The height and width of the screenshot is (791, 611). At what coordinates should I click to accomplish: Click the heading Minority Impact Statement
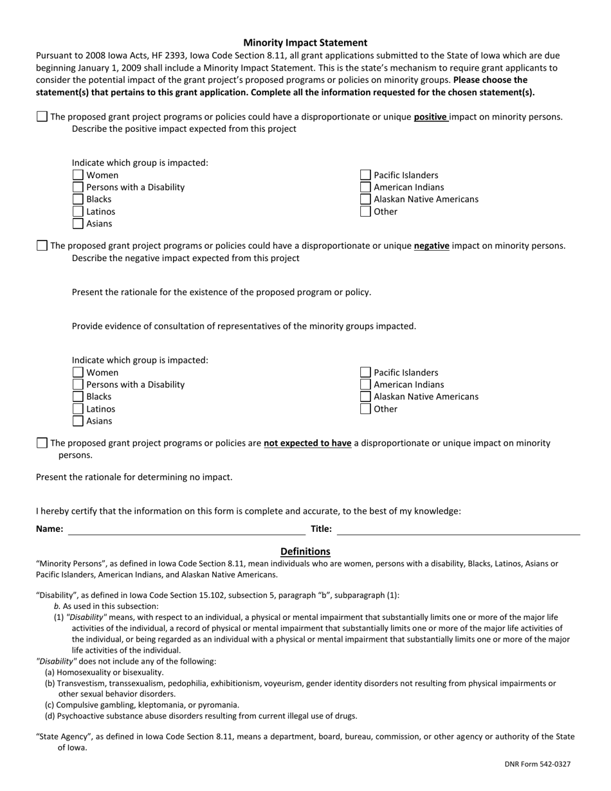tap(305, 42)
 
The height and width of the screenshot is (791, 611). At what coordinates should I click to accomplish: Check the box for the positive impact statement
tap(42, 116)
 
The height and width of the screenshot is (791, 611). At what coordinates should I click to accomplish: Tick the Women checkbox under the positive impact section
tap(78, 175)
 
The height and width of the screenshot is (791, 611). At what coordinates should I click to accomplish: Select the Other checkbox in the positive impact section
tap(365, 212)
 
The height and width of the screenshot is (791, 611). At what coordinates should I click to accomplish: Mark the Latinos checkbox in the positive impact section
tap(78, 212)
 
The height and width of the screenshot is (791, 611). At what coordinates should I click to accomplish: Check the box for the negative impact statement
tap(42, 245)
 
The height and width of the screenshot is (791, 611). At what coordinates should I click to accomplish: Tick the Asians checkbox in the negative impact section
tap(78, 421)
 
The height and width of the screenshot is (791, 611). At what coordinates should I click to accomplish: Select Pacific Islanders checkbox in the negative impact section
tap(365, 372)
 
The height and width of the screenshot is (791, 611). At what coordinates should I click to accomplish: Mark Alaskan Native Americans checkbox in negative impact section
tap(365, 397)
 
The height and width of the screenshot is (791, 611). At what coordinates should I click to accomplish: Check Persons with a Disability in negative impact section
tap(78, 385)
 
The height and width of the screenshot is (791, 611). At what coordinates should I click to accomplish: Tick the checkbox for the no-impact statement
tap(42, 442)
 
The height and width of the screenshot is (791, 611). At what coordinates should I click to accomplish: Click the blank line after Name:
tap(187, 529)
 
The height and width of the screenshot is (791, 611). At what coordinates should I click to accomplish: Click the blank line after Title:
tap(458, 529)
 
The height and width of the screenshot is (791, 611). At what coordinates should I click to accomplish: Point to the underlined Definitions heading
tap(305, 551)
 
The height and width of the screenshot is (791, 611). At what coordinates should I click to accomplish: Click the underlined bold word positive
tap(430, 117)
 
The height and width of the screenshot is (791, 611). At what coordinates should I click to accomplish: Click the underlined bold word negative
tap(432, 246)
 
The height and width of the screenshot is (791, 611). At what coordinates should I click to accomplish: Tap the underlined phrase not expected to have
tap(307, 443)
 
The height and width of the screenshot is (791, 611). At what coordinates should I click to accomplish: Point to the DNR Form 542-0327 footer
tap(537, 764)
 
